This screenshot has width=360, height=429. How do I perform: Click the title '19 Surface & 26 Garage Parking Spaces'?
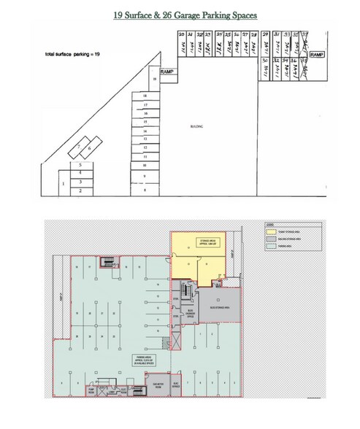pyautogui.click(x=180, y=14)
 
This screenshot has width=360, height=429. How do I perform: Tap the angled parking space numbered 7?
pyautogui.click(x=78, y=146)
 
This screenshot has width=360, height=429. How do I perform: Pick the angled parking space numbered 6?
pyautogui.click(x=89, y=149)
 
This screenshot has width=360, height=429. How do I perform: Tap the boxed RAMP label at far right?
pyautogui.click(x=317, y=55)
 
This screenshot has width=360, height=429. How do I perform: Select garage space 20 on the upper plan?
pyautogui.click(x=181, y=45)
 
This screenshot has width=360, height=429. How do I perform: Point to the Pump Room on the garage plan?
pyautogui.click(x=92, y=390)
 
